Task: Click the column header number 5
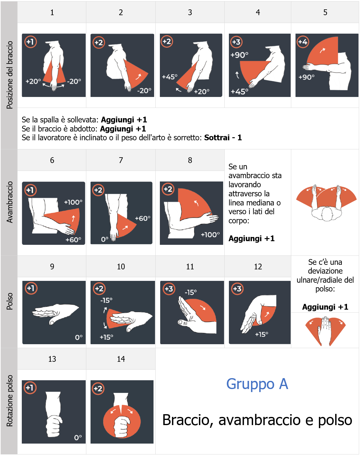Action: coord(325,12)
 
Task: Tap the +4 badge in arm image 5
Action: coord(302,42)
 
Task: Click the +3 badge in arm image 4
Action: coord(236,42)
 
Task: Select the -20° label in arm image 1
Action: coord(74,82)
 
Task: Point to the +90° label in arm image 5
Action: coord(306,77)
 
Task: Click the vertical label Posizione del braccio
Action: coord(10,75)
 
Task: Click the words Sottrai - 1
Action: coord(223,138)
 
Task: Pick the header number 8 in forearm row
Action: coord(190,160)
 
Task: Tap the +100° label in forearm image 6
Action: coord(73,202)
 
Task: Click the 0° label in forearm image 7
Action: coord(105,239)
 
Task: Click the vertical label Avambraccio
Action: coord(10,202)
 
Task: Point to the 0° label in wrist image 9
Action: coord(79,338)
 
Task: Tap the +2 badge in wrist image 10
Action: coord(99,289)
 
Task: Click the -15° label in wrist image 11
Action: coord(190,292)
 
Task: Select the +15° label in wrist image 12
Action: coord(261,335)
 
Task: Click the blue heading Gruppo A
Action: coord(257,384)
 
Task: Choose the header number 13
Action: coord(52,359)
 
